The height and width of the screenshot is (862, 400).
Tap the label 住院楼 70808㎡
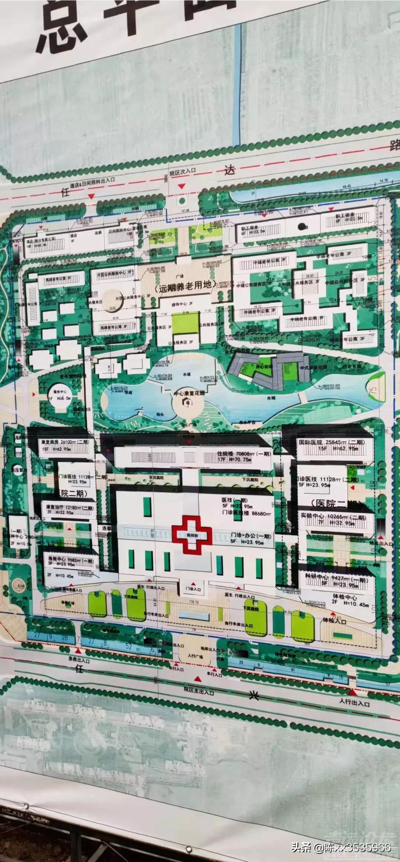click(x=244, y=454)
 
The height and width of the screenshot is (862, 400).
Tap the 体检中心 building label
click(x=344, y=597)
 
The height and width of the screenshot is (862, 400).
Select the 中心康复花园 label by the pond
click(x=189, y=393)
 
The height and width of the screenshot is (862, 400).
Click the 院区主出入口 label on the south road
click(x=199, y=692)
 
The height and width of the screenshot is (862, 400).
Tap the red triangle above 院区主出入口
click(x=198, y=679)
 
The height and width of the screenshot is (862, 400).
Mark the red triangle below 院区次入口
click(x=181, y=186)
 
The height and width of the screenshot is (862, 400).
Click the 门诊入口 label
click(x=193, y=589)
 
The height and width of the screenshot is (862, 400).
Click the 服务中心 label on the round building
click(x=60, y=391)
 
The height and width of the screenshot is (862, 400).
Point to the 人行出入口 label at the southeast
click(x=354, y=702)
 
